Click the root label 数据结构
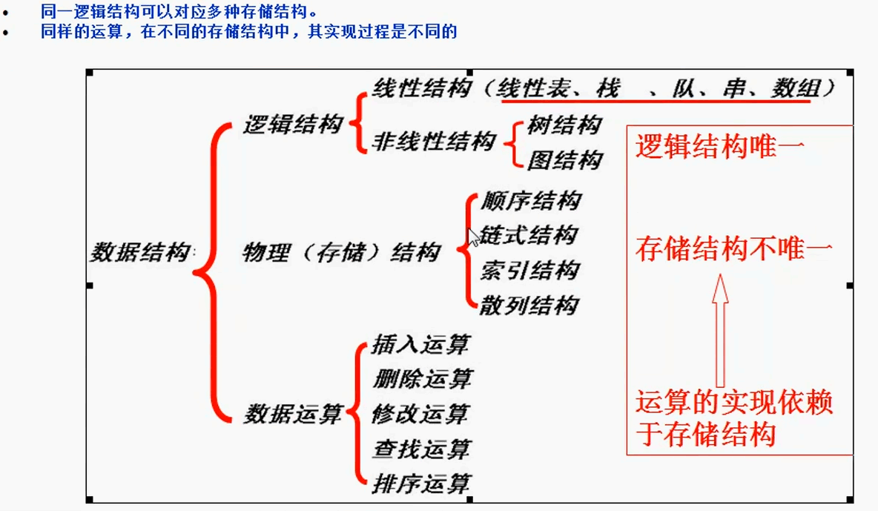coord(141,252)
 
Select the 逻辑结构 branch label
coord(293,124)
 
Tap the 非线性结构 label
coord(434,141)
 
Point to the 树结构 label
coord(564,125)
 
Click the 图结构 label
coord(564,160)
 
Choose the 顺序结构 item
coord(531,200)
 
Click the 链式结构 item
coord(529,235)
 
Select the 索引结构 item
coord(529,270)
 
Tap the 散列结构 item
coord(529,306)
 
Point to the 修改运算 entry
coord(420,414)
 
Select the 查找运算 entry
coord(422,449)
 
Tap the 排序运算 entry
coord(421,484)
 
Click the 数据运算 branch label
coord(293,414)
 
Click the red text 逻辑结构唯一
coord(720,147)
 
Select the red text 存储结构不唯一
coord(734,248)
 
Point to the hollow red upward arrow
coord(720,331)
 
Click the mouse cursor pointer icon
coord(474,237)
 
